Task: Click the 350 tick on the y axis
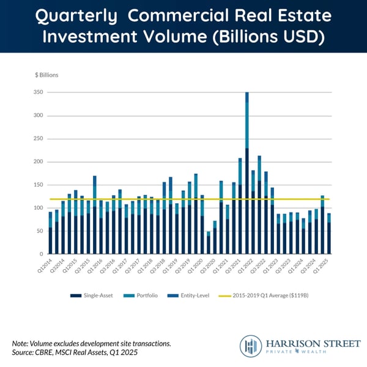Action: (x=37, y=92)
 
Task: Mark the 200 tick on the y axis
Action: (x=37, y=138)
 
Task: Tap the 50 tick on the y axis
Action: (x=38, y=231)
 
